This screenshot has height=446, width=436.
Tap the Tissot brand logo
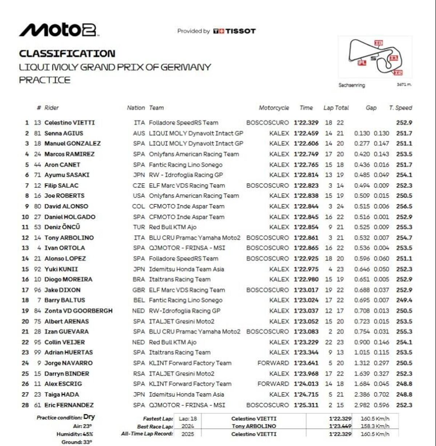[x=234, y=31]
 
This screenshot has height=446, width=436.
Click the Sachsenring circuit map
[x=375, y=57]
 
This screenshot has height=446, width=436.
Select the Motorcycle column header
[x=274, y=108]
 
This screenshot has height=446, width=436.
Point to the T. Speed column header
[x=400, y=108]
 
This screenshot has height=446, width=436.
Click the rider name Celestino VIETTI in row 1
[x=69, y=123]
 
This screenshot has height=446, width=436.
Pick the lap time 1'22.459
[x=306, y=133]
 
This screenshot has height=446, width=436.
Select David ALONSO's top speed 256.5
[x=404, y=206]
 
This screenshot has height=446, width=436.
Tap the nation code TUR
[x=139, y=227]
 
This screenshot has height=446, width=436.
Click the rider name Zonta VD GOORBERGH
[x=78, y=311]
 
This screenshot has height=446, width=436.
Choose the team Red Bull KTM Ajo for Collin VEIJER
[x=173, y=342]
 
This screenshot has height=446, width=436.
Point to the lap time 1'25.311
[x=306, y=405]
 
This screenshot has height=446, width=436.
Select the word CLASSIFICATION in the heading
[x=67, y=54]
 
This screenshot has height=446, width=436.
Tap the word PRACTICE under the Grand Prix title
[x=45, y=80]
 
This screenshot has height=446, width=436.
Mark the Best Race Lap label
[x=155, y=426]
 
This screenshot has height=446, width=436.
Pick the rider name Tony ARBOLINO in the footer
[x=254, y=426]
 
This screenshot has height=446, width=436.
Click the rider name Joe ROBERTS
[x=64, y=196]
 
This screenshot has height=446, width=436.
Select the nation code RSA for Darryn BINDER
[x=139, y=373]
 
